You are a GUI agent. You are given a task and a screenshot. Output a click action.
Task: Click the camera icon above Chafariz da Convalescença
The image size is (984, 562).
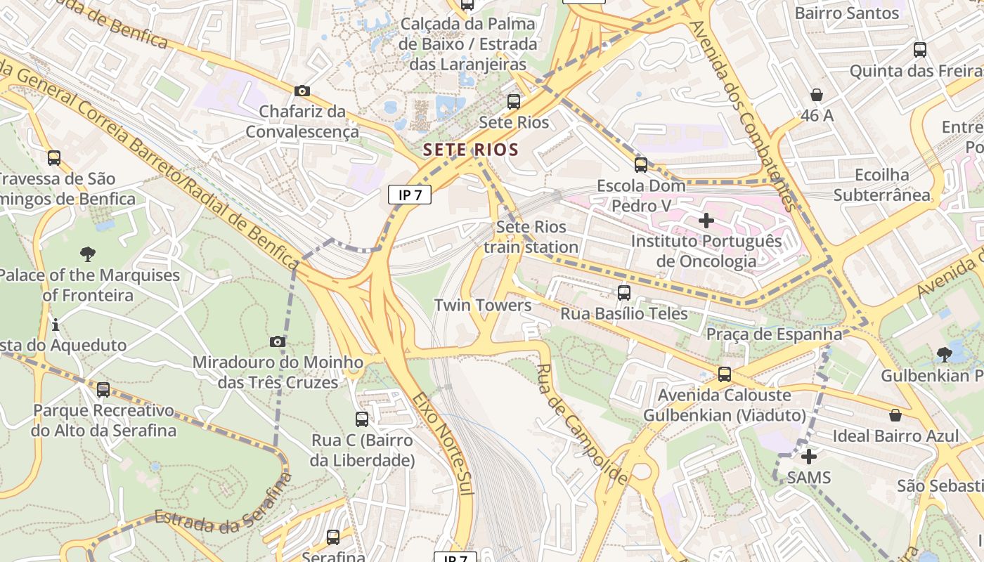pyautogui.click(x=302, y=91)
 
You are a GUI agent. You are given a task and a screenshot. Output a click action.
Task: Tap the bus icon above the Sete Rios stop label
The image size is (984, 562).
pyautogui.click(x=514, y=102)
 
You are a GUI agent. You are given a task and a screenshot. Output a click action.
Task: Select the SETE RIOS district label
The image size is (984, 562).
pyautogui.click(x=471, y=150)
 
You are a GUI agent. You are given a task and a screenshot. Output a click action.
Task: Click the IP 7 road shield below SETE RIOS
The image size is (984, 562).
pyautogui.click(x=410, y=195)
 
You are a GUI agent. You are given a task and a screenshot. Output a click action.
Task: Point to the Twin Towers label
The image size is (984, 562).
pyautogui.click(x=483, y=305)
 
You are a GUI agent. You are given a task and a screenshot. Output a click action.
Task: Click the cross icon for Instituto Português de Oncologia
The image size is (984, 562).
pyautogui.click(x=706, y=221)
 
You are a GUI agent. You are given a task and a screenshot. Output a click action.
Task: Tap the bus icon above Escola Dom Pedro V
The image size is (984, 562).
pyautogui.click(x=641, y=165)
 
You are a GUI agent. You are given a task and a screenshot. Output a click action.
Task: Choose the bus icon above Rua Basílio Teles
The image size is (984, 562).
pyautogui.click(x=624, y=293)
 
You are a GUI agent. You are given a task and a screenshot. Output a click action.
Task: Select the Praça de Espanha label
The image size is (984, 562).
pyautogui.click(x=774, y=334)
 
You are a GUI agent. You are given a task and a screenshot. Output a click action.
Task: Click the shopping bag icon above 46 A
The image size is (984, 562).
pyautogui.click(x=817, y=94)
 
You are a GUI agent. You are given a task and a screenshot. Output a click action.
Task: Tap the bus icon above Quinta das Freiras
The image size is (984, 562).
pyautogui.click(x=920, y=50)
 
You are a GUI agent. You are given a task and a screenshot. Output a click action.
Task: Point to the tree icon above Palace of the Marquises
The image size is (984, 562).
pyautogui.click(x=88, y=254)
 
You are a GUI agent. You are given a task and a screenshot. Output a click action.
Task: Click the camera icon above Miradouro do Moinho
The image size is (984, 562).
pyautogui.click(x=278, y=342)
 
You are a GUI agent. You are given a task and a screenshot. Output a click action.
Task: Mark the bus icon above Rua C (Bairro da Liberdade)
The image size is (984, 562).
pyautogui.click(x=362, y=419)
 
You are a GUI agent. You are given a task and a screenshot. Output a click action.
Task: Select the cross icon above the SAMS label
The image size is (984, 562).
pyautogui.click(x=809, y=457)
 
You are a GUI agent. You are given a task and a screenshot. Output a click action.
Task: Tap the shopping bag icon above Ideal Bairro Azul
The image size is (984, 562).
pyautogui.click(x=895, y=415)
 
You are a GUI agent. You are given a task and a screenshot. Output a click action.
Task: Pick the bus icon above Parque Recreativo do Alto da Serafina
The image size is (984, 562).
pyautogui.click(x=103, y=389)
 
